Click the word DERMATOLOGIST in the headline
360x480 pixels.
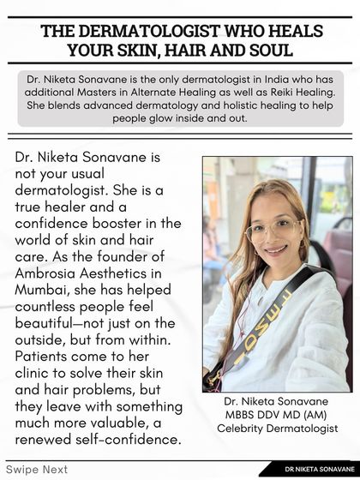pos(175,31)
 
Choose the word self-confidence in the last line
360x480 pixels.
pos(129,439)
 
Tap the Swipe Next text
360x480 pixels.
pos(37,470)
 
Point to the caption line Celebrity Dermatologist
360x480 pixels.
pos(276,428)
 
